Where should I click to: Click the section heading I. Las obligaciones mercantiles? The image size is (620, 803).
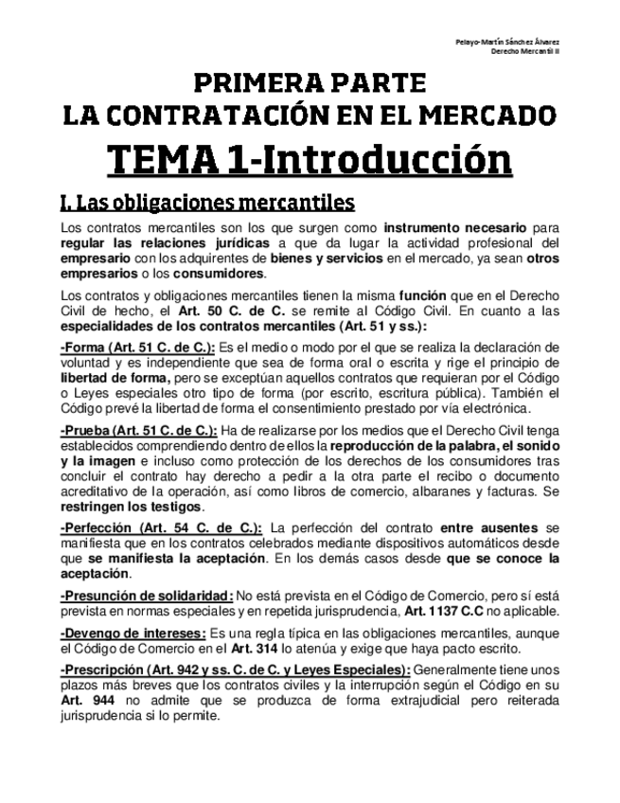pos(206,203)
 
